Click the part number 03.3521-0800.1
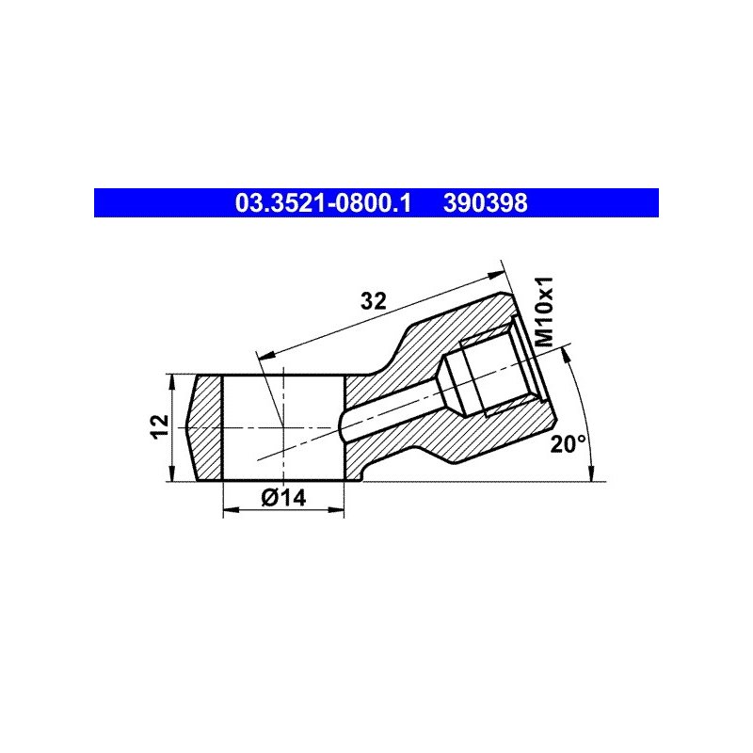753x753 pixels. pos(323,203)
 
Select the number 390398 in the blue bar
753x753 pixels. pos(485,203)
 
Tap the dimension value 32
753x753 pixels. pos(373,301)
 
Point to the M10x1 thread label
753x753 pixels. pos(545,312)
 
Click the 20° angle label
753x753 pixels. pos(568,444)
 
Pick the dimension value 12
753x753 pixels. pos(160,426)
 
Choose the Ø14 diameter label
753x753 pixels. pos(283,498)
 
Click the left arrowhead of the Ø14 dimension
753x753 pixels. pos(231,509)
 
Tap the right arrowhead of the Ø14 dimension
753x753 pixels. pos(337,509)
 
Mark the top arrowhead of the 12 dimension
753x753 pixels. pos(171,382)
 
